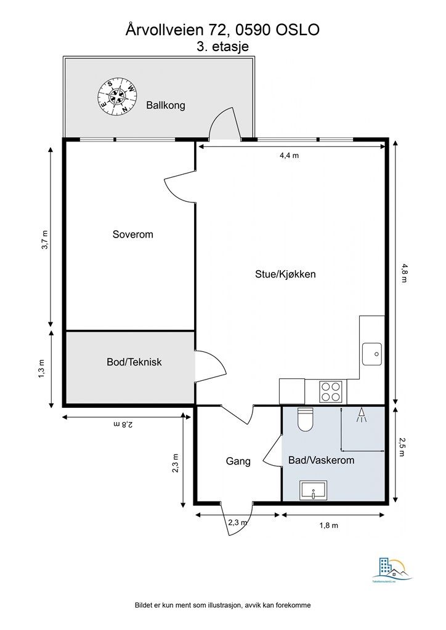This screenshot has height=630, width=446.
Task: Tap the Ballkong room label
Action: tap(166, 105)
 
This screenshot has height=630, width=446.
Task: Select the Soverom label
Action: tap(132, 234)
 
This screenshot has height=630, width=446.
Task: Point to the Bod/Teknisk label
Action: tap(134, 362)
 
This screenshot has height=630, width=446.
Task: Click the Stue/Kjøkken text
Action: tap(286, 274)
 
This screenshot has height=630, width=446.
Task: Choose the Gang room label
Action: tap(238, 461)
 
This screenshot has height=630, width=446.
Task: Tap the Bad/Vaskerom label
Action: tap(322, 460)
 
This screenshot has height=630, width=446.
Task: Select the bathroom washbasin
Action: tap(314, 490)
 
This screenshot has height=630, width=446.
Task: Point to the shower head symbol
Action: tap(362, 415)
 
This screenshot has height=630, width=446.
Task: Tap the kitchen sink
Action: tap(372, 354)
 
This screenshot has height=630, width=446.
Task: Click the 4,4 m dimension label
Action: tap(289, 156)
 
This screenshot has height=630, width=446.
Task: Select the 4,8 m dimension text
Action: tap(403, 273)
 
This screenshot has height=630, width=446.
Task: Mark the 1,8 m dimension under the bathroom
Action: tap(328, 525)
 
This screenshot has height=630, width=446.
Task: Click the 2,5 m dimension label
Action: tap(402, 447)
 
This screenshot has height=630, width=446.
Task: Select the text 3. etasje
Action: tap(223, 47)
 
